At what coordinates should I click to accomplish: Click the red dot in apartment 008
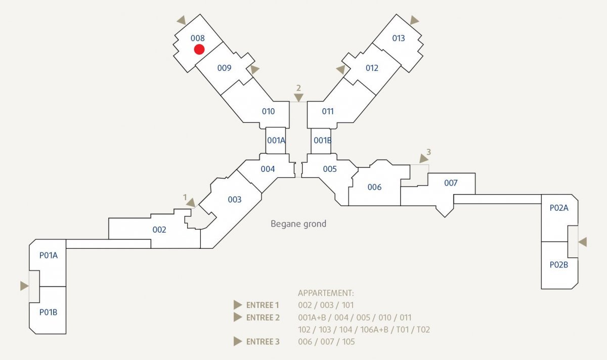[199, 50]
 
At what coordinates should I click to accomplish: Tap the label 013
[399, 38]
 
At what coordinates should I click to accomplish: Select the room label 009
[224, 68]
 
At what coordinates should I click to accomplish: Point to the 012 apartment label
[372, 68]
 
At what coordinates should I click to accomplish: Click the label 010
[268, 111]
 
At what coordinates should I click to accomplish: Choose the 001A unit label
[276, 141]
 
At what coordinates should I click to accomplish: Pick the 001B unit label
[323, 141]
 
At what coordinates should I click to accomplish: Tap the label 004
[268, 169]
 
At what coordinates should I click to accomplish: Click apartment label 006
[374, 187]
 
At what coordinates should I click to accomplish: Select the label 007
[451, 183]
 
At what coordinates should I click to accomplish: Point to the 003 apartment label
[234, 200]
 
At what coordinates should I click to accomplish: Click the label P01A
[49, 255]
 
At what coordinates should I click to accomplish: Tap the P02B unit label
[559, 264]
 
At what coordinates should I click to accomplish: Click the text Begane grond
[298, 224]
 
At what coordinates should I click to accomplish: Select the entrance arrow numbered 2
[298, 98]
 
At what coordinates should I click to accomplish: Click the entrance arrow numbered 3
[423, 158]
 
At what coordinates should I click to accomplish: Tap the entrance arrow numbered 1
[191, 203]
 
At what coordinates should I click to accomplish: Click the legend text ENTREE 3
[263, 342]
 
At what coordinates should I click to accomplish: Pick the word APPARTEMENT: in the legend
[326, 293]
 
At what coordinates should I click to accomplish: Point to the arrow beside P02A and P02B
[583, 242]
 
